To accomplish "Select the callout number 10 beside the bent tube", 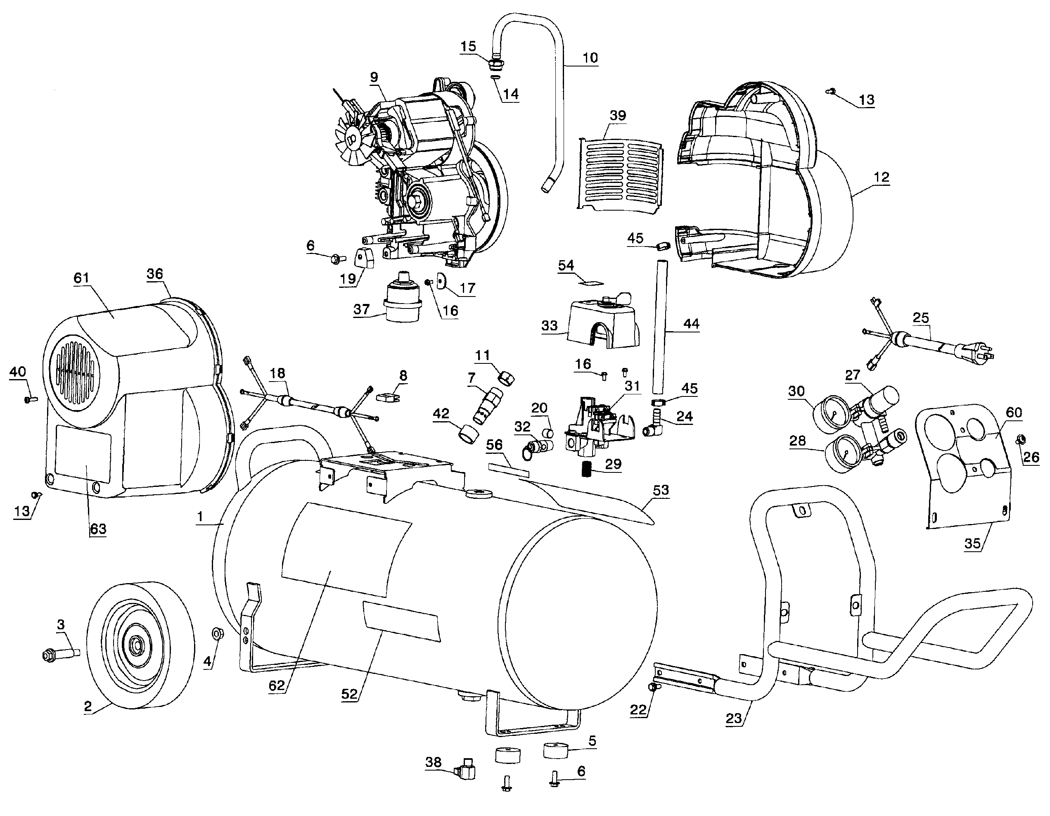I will click(590, 58).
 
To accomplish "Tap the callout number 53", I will click(661, 490).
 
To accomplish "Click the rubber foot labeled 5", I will click(556, 750).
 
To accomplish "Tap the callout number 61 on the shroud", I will click(81, 278).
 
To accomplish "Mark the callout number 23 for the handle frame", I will click(734, 719).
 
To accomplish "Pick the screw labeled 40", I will click(31, 399).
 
